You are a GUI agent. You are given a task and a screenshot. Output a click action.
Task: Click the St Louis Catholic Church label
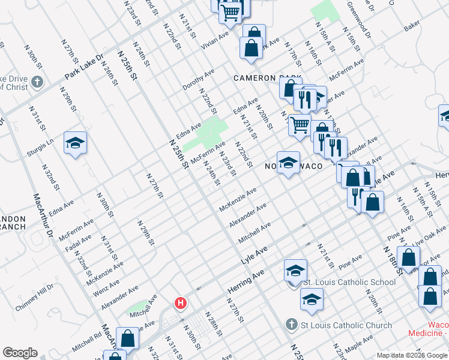coord(346,325)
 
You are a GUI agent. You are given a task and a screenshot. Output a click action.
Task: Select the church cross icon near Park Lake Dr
coord(37,82)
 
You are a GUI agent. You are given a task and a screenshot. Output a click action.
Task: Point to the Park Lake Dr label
coord(85,68)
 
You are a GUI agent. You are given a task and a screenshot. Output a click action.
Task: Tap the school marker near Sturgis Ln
coord(76,143)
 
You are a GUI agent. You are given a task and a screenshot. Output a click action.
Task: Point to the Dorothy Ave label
coord(199,79)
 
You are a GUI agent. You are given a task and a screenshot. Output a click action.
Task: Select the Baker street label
coord(412,28)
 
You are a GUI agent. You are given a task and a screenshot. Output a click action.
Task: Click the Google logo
coord(20,353)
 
